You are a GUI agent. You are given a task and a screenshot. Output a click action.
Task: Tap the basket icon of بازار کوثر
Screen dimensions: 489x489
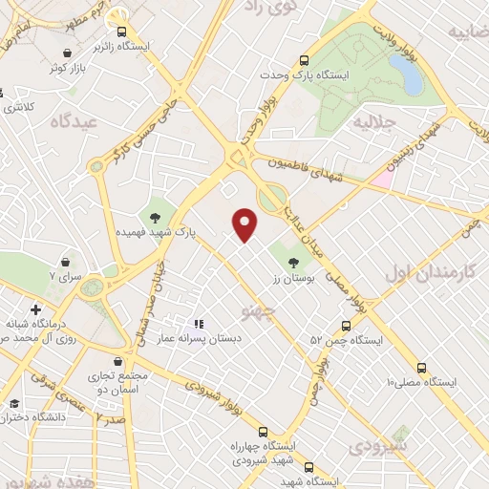point(67,53)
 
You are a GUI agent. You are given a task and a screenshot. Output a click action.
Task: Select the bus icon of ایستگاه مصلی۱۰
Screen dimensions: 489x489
point(420,367)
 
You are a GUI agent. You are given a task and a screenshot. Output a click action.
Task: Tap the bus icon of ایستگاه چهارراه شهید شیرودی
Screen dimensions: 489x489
point(264,432)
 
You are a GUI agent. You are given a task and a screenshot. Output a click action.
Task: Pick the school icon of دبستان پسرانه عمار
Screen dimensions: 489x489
point(200,324)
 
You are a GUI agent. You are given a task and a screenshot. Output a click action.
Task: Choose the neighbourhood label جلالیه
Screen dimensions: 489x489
point(374,122)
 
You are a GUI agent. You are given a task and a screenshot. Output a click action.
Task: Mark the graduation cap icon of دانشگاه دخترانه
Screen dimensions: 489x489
point(13,405)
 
